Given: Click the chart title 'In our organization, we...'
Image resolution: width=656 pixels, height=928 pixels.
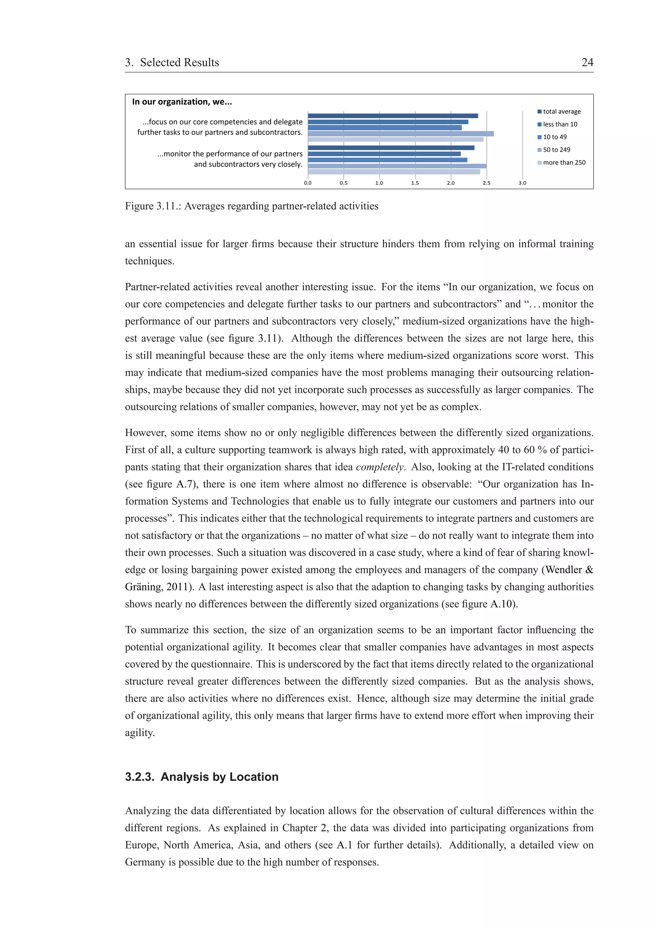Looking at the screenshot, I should coord(182,102).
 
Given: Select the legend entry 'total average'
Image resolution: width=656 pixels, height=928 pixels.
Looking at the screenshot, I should coord(562,111).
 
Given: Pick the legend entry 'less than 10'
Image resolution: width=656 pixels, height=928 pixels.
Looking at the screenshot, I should coord(560,125).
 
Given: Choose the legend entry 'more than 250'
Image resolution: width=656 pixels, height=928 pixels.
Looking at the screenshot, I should coord(564,162).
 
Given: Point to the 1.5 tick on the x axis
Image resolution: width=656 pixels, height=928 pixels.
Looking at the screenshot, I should coord(415,183).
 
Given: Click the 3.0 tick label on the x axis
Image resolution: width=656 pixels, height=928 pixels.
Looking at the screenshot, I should coord(522,183).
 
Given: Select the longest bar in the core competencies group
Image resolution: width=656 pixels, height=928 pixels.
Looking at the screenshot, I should coord(400,134).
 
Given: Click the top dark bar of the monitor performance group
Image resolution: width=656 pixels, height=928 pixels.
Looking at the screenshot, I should coord(391,148).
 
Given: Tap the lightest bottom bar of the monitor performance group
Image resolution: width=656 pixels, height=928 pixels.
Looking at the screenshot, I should coord(394,172).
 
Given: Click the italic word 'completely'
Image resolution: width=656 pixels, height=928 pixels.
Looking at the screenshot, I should coord(380,467).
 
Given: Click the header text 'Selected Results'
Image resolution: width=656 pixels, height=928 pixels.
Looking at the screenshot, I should coord(179,63).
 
